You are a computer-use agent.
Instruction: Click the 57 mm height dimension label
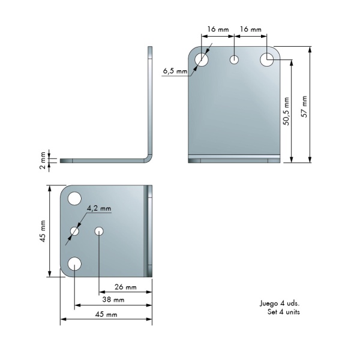point(304,107)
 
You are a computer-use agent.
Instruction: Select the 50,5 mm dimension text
point(286,112)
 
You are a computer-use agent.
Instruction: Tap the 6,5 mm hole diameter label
point(175,71)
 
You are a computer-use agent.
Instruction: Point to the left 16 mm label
point(218,29)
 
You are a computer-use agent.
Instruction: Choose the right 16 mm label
point(251,29)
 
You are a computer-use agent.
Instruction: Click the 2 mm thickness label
point(43,160)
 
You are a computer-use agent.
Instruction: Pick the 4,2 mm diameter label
point(99,208)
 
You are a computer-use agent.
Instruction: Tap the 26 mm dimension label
point(125,287)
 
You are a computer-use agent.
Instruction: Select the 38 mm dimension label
point(113,299)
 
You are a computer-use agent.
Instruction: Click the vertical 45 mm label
point(43,231)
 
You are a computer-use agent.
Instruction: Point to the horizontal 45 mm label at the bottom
point(106,314)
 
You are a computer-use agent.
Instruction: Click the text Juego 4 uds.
point(280,304)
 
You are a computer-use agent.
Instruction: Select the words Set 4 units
point(284,312)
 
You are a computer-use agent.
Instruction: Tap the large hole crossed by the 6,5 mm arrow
point(202,59)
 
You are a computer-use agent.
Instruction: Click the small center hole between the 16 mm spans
point(234,59)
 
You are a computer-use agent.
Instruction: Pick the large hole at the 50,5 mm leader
point(267,59)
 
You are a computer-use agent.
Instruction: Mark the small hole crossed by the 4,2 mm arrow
point(74,231)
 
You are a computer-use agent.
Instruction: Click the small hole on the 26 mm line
point(99,231)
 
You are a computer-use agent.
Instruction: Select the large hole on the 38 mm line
point(74,264)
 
